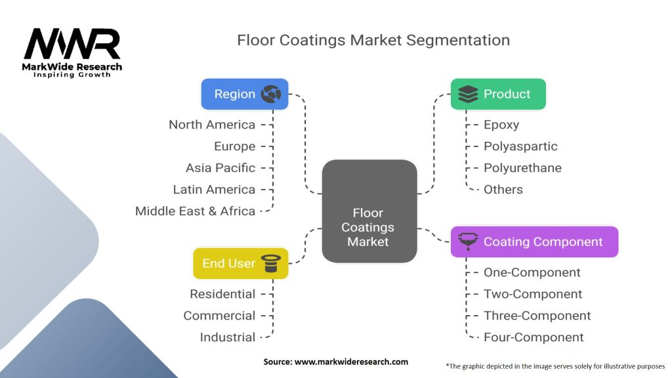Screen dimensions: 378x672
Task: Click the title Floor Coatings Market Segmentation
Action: pyautogui.click(x=373, y=40)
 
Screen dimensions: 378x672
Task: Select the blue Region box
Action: pyautogui.click(x=244, y=94)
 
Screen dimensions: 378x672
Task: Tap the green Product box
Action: pyautogui.click(x=497, y=94)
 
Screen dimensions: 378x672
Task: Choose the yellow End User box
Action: pyautogui.click(x=240, y=263)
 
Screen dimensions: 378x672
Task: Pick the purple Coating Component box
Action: pyautogui.click(x=534, y=241)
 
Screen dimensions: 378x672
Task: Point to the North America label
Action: pyautogui.click(x=212, y=125)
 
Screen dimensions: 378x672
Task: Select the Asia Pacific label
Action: pyautogui.click(x=220, y=168)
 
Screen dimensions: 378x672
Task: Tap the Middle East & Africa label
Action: pyautogui.click(x=195, y=211)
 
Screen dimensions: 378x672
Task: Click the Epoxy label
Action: pyautogui.click(x=501, y=125)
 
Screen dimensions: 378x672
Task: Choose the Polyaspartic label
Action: pyautogui.click(x=520, y=146)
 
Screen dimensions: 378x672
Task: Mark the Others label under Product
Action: pyautogui.click(x=503, y=190)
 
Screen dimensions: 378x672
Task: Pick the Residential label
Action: pyautogui.click(x=222, y=294)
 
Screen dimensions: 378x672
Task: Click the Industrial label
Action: pyautogui.click(x=228, y=337)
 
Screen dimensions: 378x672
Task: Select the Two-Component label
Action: pyautogui.click(x=533, y=294)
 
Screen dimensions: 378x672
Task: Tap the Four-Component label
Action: pyautogui.click(x=534, y=337)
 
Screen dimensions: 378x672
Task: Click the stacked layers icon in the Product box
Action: pyautogui.click(x=469, y=94)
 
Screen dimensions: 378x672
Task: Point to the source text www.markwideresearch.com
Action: pyautogui.click(x=335, y=362)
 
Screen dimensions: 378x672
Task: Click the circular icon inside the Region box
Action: pyautogui.click(x=271, y=94)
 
